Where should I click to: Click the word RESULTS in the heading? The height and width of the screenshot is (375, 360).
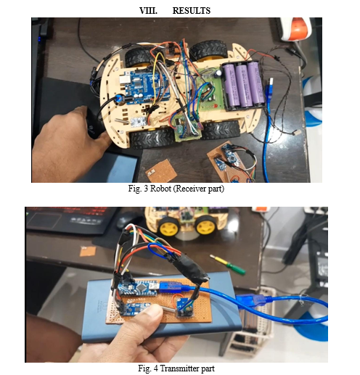click(191, 11)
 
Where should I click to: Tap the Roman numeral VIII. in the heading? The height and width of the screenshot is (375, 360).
click(148, 11)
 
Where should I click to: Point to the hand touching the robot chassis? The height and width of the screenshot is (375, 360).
click(70, 143)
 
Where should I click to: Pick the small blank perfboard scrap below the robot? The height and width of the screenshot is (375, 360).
click(161, 170)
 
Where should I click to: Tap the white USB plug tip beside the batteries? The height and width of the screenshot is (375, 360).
click(271, 81)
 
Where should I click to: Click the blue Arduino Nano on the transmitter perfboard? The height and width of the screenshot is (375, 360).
click(138, 288)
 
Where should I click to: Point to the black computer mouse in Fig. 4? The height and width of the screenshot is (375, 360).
click(129, 221)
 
